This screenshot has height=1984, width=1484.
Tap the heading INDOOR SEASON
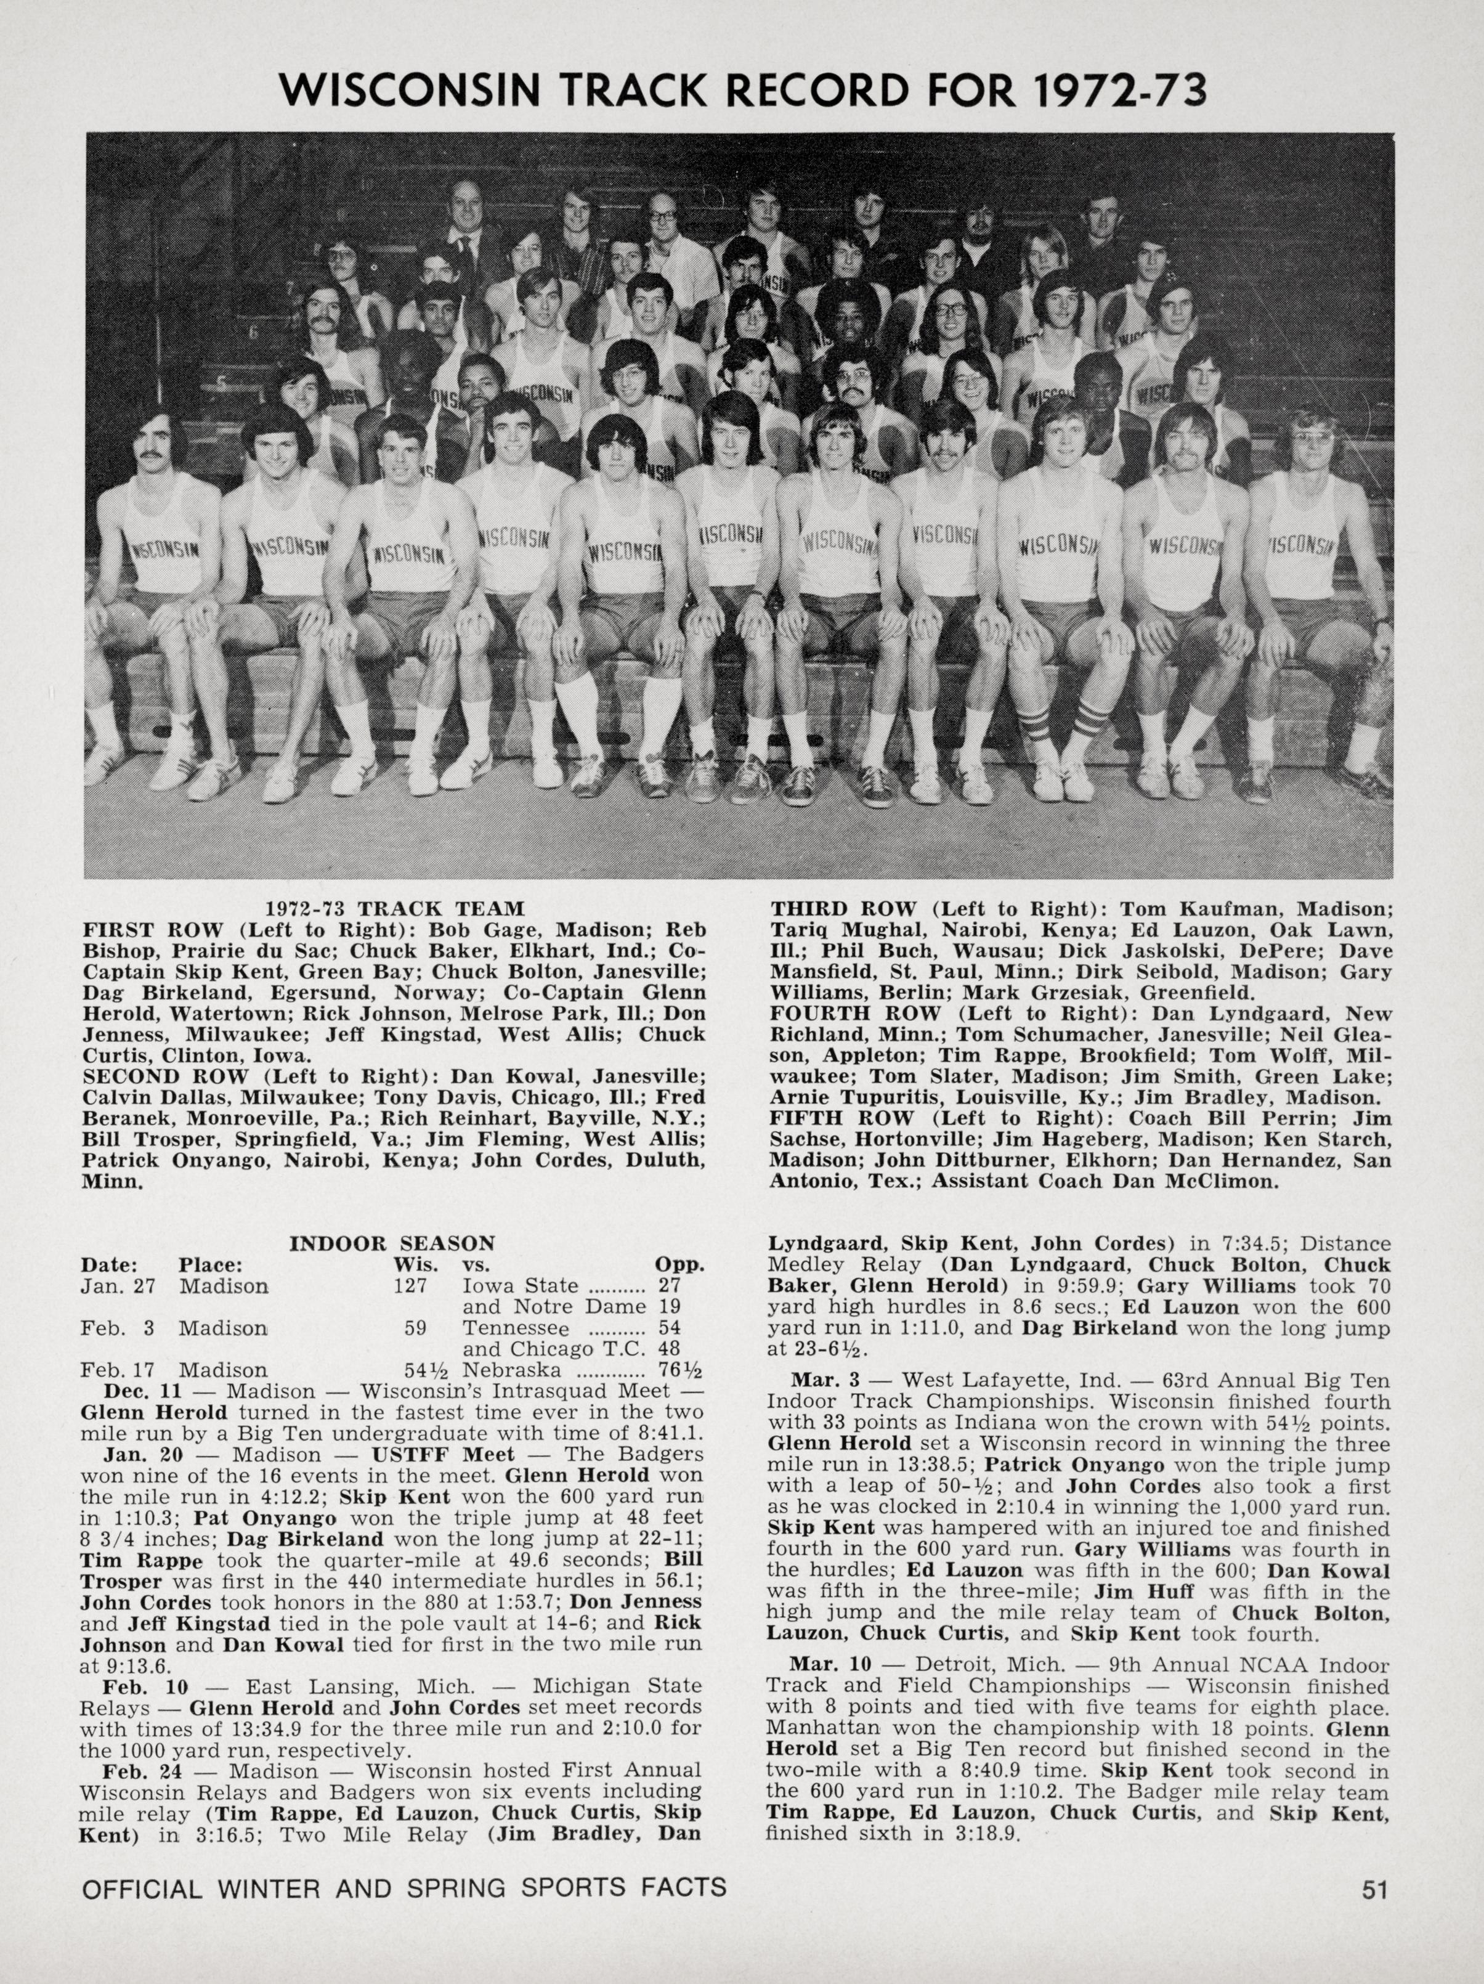point(392,1243)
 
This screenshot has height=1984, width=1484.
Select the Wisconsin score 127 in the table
point(415,1285)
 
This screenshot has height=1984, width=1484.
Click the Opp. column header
point(679,1265)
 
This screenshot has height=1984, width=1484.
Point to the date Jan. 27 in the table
point(118,1285)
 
